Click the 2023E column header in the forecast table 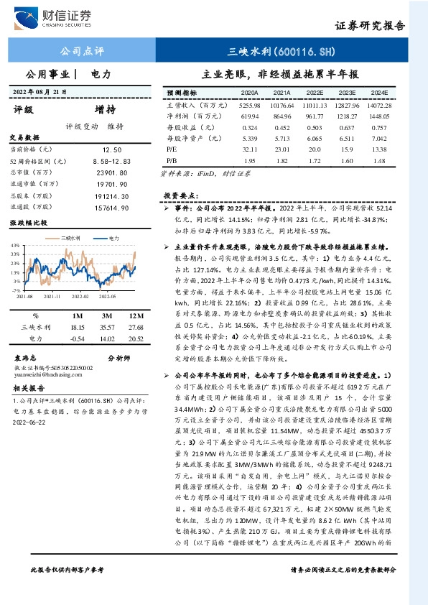(x=347, y=93)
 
